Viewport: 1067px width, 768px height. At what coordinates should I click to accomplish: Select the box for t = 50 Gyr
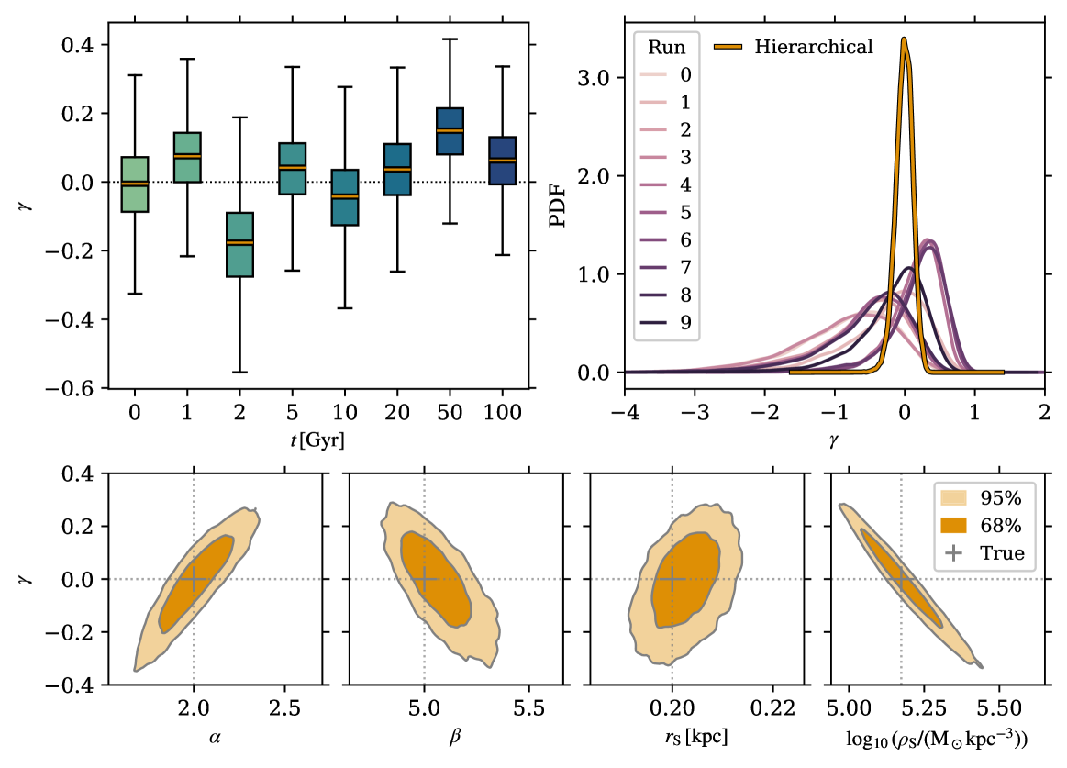[x=450, y=131]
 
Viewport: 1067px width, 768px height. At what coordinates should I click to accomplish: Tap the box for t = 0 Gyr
[x=135, y=184]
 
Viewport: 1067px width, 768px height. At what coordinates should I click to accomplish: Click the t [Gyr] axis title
[x=318, y=440]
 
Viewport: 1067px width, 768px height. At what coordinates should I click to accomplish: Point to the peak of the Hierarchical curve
[x=904, y=39]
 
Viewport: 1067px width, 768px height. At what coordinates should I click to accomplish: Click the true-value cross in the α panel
[x=194, y=579]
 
